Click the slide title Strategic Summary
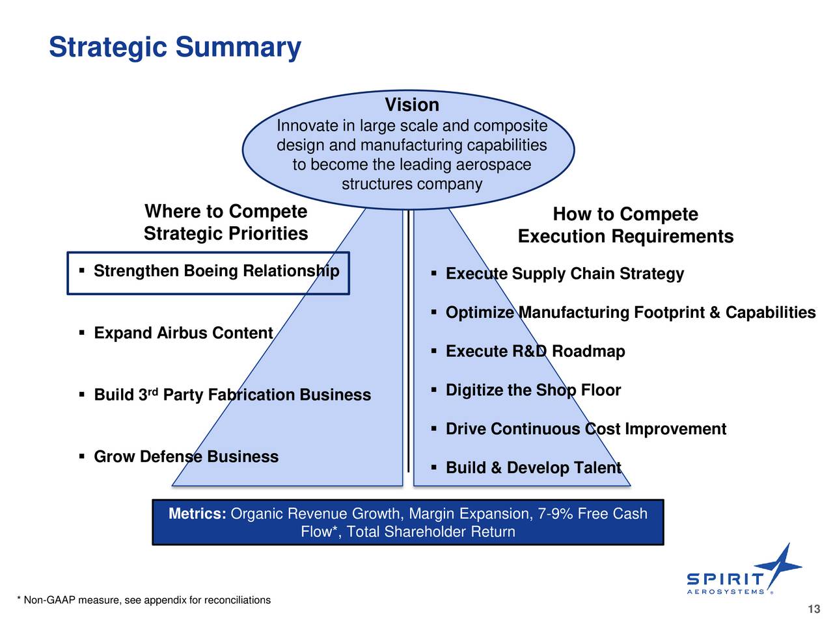pos(175,47)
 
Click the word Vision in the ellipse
pos(412,105)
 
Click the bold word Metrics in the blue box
pos(197,513)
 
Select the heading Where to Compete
pos(226,211)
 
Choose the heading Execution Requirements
pos(625,236)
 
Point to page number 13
pos(814,609)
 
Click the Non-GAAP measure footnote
pos(144,600)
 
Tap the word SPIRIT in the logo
pos(724,579)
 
